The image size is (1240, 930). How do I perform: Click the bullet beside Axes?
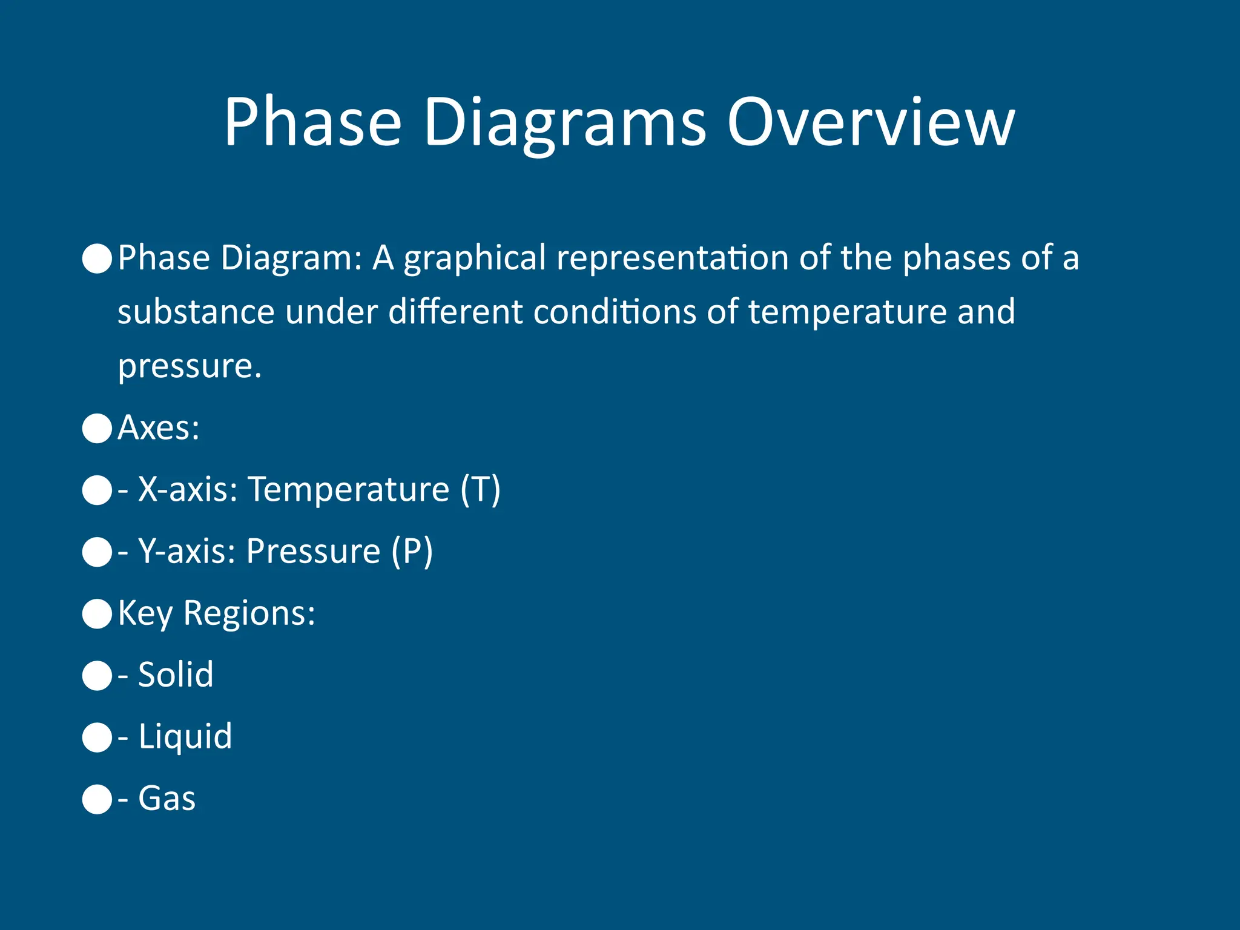point(97,429)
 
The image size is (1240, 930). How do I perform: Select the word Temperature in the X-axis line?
point(349,489)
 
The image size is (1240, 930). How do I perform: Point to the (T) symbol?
point(480,489)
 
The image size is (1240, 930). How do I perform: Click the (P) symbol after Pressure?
point(412,551)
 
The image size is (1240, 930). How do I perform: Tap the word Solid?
point(176,674)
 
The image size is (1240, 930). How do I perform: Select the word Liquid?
point(185,737)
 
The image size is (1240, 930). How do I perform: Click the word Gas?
point(167,799)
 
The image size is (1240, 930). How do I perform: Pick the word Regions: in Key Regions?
point(249,613)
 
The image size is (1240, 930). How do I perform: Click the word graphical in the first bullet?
point(475,259)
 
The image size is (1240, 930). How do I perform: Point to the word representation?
point(673,259)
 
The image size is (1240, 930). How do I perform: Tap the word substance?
point(196,312)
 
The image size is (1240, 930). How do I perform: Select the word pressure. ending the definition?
point(190,367)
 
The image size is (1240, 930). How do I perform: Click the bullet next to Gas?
point(97,799)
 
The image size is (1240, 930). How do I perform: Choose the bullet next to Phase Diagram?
point(97,259)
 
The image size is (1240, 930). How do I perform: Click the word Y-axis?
point(186,551)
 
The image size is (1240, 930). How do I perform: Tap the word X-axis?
point(188,489)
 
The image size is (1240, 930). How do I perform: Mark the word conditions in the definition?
point(615,312)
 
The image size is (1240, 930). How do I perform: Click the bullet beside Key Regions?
point(97,614)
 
